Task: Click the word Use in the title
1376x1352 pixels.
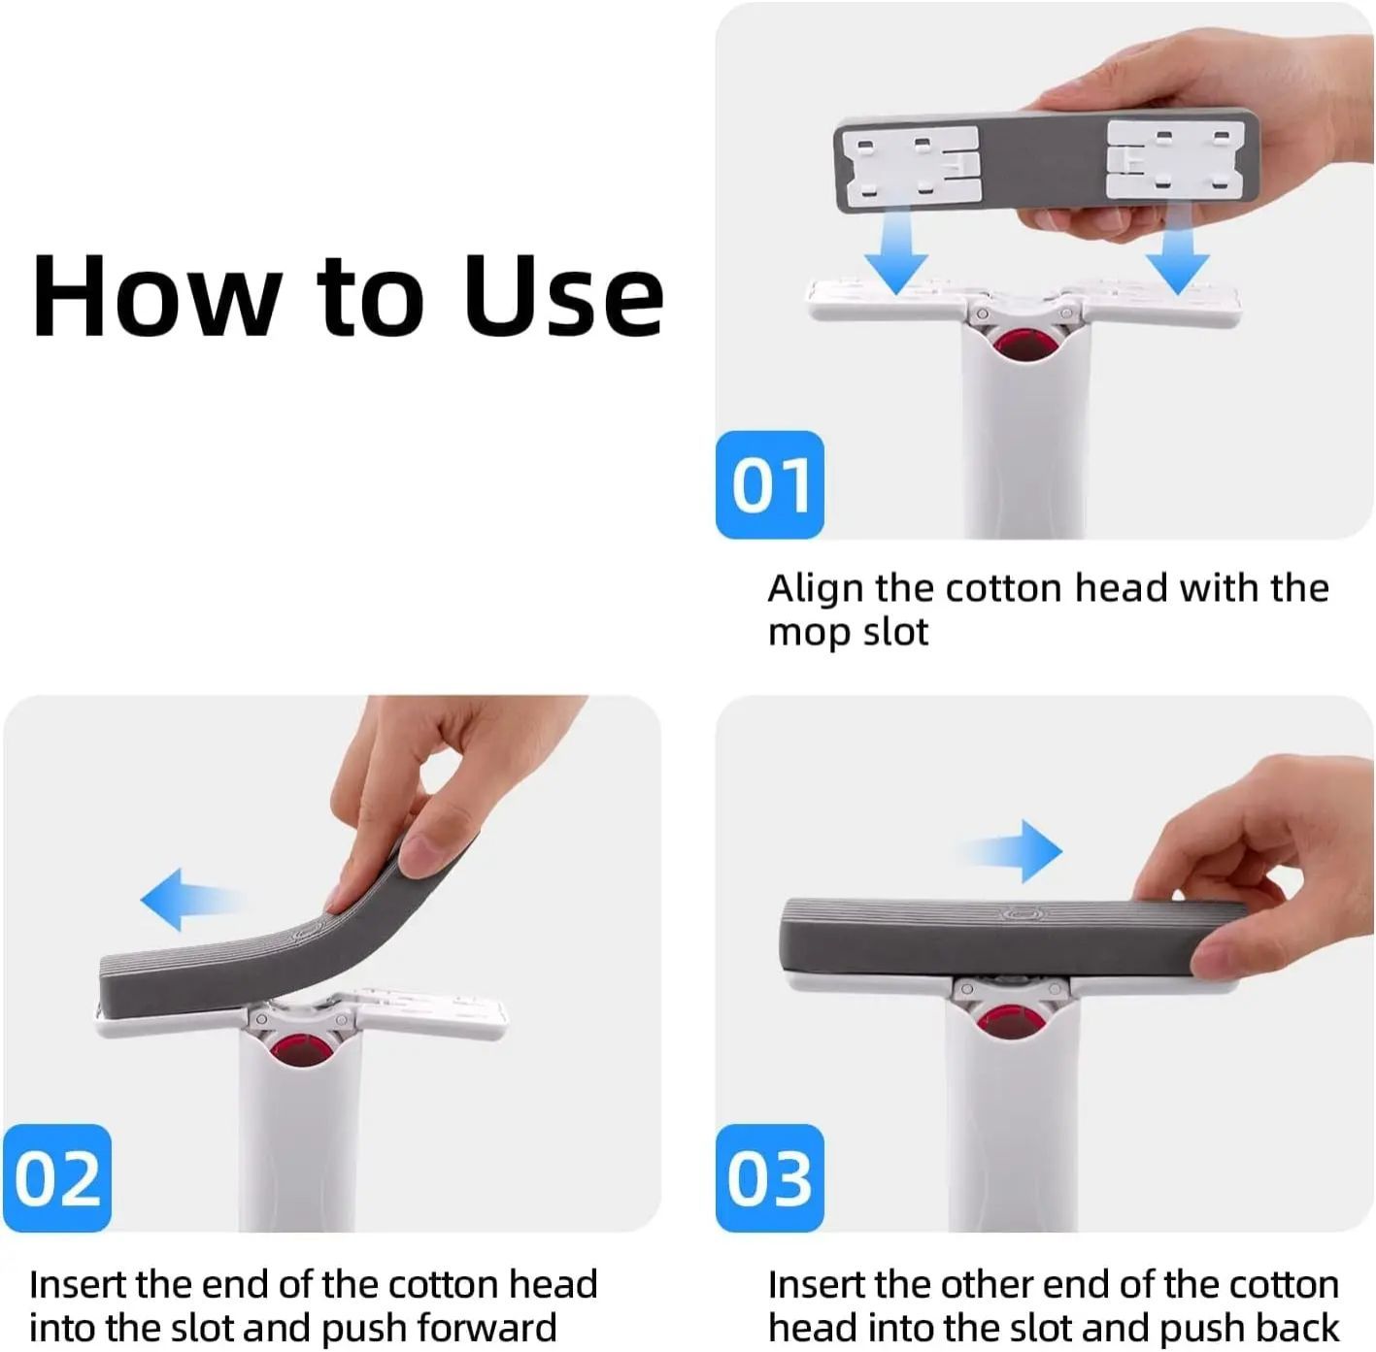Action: click(x=563, y=296)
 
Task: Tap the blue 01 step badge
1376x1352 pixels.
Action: click(x=769, y=484)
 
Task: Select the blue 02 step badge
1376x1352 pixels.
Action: click(x=57, y=1177)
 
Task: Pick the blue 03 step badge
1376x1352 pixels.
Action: click(x=769, y=1177)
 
